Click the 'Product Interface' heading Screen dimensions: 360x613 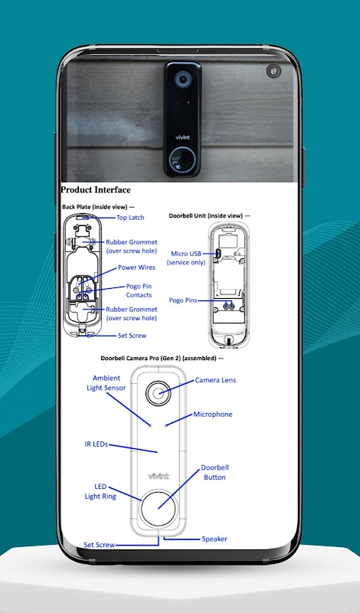96,190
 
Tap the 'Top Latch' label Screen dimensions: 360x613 130,218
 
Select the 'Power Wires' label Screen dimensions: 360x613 136,267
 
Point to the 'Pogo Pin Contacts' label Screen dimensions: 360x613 139,291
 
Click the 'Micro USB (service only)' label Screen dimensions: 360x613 186,258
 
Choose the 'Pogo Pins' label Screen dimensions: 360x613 183,300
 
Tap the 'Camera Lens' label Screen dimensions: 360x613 215,380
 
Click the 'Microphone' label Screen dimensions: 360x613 213,415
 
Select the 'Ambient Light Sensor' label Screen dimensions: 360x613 106,383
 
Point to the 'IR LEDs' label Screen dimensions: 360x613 97,444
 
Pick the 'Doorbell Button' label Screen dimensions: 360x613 214,472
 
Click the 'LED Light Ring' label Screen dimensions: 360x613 100,491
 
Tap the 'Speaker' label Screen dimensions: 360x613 214,539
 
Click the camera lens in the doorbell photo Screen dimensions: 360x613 182,80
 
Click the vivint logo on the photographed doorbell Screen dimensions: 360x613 182,137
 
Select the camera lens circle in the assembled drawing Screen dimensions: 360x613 159,393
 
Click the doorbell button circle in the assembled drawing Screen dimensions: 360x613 159,508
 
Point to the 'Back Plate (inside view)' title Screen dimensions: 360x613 98,207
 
